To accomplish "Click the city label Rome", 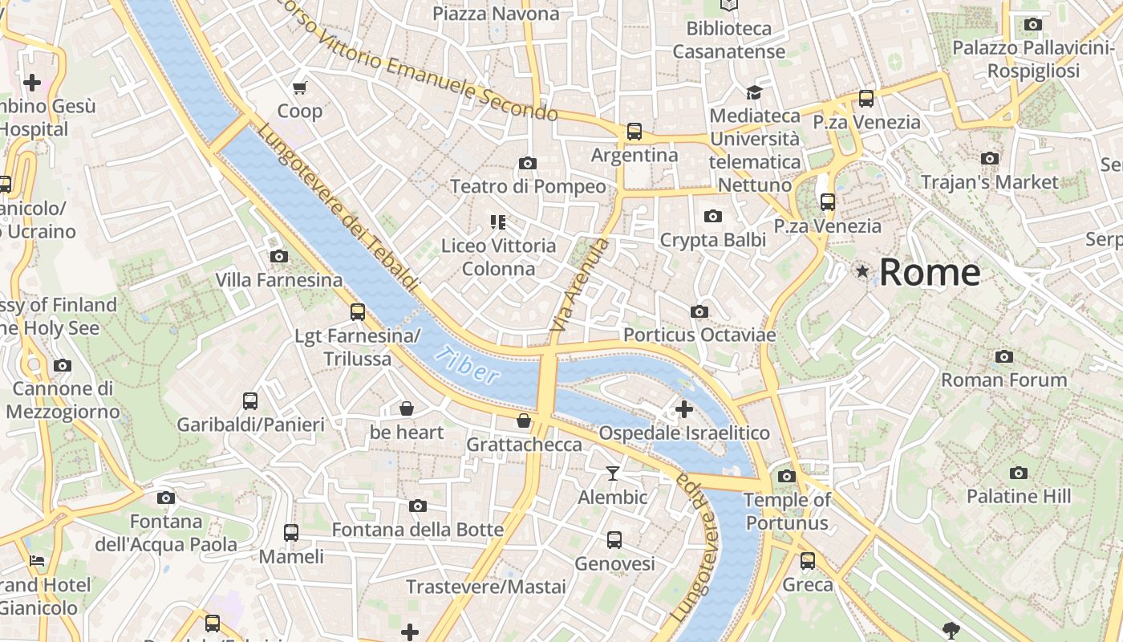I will (929, 273).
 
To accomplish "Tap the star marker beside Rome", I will (862, 272).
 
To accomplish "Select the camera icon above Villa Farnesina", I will (279, 257).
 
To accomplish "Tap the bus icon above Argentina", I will (634, 131).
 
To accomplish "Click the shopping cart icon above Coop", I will (300, 87).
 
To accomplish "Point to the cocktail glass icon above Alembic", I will (613, 473).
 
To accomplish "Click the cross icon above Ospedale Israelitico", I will (684, 409).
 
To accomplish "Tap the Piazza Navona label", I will (496, 14).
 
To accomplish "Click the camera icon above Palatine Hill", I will (1019, 473).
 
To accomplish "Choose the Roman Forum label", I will (1003, 380).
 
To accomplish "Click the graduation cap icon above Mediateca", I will (754, 92).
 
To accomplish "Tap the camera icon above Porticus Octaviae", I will (699, 311).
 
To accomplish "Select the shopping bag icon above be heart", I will (407, 409).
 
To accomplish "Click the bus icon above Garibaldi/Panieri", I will (250, 400).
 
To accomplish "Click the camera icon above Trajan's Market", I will (990, 159).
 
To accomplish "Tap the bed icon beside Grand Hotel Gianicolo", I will (36, 561).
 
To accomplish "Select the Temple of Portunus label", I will (786, 511).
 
